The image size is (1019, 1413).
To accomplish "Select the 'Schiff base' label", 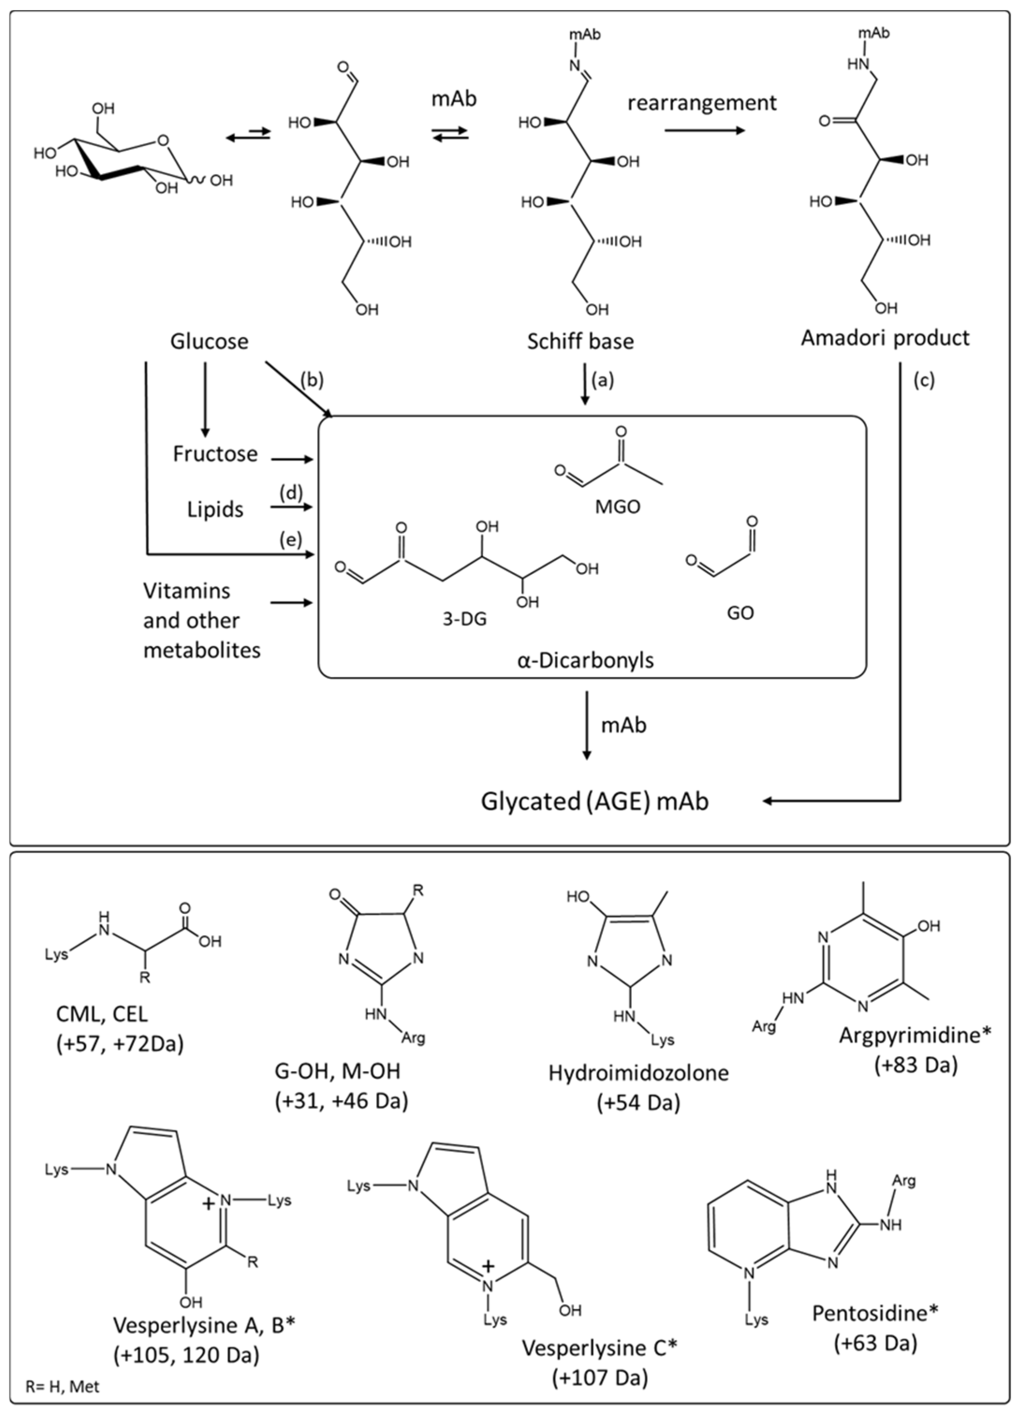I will (580, 341).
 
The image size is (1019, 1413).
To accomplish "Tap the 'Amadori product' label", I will (885, 338).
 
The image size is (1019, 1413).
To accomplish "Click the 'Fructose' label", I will (215, 454).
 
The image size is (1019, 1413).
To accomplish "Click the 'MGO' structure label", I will (617, 507).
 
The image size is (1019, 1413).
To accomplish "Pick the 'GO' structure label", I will (740, 613).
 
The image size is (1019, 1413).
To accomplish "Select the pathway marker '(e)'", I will (291, 539).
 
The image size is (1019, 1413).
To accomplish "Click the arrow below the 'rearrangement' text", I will (704, 130).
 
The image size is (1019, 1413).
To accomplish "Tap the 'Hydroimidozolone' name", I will (638, 1073).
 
